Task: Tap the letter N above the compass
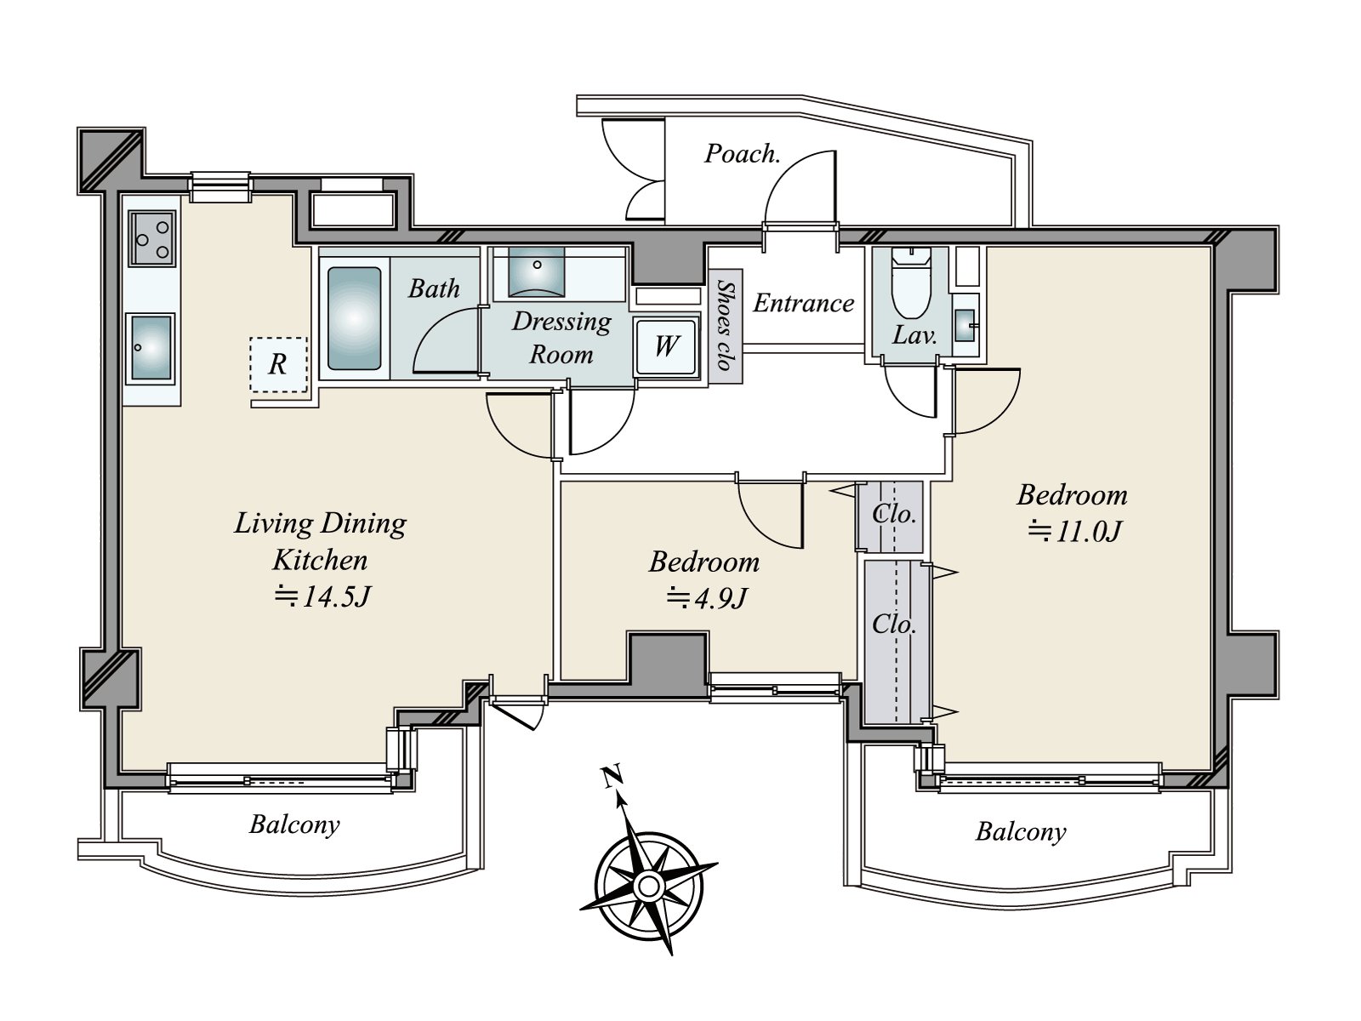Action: [612, 776]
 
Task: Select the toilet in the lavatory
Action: [911, 282]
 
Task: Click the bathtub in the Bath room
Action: [354, 318]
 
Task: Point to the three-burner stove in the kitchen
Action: [152, 238]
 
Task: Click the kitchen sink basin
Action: [151, 348]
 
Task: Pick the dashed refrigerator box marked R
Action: [278, 364]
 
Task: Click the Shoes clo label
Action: [724, 325]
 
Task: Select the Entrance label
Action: [804, 303]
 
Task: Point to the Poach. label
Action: [743, 153]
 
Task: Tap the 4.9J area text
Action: [706, 598]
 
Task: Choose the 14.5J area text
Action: [322, 596]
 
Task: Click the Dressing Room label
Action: [561, 338]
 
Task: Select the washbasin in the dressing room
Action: [537, 271]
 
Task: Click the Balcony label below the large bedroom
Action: [1021, 832]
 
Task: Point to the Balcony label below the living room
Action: [294, 824]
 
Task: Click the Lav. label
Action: [914, 335]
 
